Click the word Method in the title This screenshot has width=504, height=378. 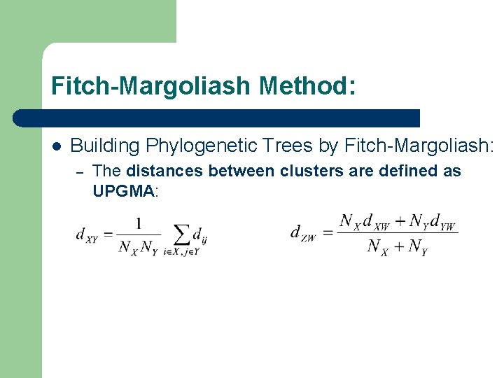pyautogui.click(x=307, y=87)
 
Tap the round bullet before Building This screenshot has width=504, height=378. pyautogui.click(x=56, y=146)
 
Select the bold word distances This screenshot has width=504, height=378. pyautogui.click(x=166, y=171)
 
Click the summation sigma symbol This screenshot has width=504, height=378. pyautogui.click(x=181, y=234)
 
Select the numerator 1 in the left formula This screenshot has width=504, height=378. pyautogui.click(x=139, y=223)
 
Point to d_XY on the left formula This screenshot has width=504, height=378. pyautogui.click(x=87, y=235)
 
